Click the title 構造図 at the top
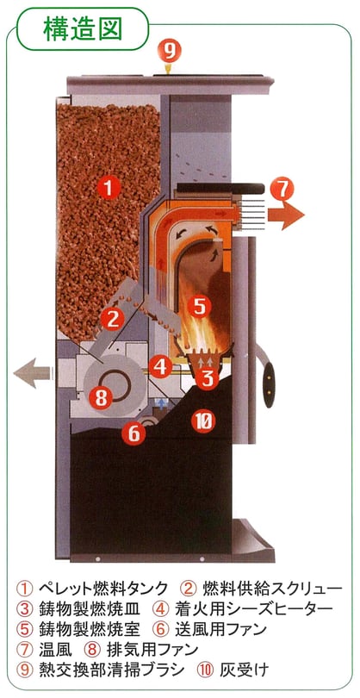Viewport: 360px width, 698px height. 83,29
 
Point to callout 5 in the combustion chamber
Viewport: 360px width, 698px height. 199,307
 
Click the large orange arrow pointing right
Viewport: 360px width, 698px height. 286,215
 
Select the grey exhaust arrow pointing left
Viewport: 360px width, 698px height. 33,372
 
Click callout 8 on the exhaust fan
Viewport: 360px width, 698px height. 101,397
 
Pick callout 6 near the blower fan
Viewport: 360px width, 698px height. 134,433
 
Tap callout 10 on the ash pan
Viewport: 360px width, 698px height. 204,421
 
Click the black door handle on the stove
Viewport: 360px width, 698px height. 269,385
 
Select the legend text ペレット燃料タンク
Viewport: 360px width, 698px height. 103,588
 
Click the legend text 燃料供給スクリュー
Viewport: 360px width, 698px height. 272,588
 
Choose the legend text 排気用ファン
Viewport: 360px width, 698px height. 152,650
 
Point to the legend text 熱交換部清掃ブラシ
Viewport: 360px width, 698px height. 111,670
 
